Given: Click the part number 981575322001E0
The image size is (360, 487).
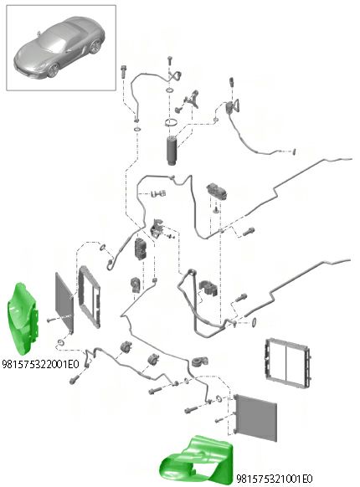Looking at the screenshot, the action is [x=40, y=364].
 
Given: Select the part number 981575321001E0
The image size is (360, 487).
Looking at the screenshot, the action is [x=275, y=479].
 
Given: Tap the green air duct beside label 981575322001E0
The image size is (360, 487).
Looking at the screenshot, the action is [x=23, y=318].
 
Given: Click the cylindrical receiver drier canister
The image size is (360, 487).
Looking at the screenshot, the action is [x=171, y=151].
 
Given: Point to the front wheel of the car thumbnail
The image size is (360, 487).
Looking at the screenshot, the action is [x=53, y=70].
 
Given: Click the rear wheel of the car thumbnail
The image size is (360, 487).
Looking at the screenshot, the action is [x=95, y=47].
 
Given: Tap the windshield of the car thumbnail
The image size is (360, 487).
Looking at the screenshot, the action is [x=53, y=40].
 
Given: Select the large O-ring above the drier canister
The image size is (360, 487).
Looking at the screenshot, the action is [x=172, y=123].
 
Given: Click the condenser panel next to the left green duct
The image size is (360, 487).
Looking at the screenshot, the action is [x=64, y=302].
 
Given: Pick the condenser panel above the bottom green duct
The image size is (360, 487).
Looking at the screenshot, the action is [x=256, y=418].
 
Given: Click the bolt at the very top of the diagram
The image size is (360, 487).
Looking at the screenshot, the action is [x=170, y=60].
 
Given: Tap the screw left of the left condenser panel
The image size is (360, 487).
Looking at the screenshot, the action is [x=51, y=320].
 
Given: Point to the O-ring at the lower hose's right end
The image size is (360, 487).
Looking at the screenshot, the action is [x=254, y=322].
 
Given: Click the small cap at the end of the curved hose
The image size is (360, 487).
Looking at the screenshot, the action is [x=294, y=152].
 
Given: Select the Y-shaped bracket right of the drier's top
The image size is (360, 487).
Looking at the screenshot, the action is [x=192, y=99].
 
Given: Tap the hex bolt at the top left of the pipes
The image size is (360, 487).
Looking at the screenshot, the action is [x=123, y=71].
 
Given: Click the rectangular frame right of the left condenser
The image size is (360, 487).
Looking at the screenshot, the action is [x=90, y=297].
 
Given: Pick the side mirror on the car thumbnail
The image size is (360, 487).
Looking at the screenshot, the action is [x=39, y=33].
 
